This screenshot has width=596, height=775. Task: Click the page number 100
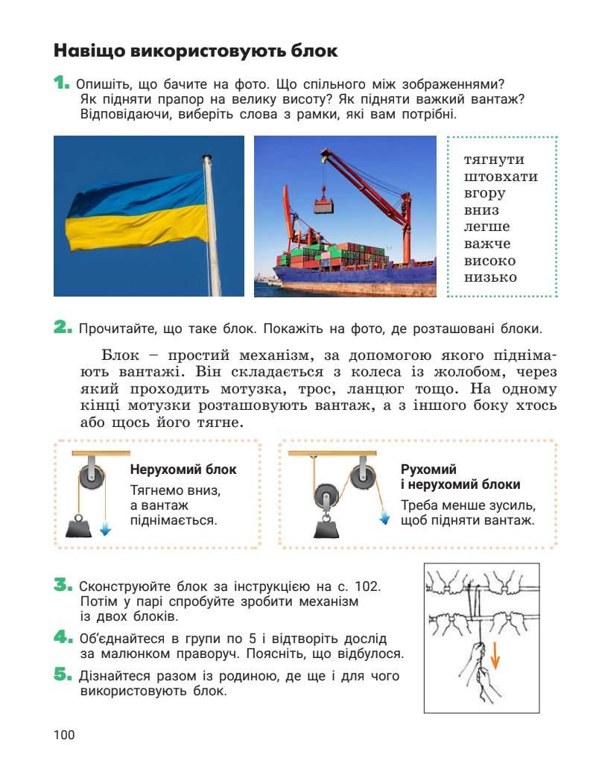click(64, 736)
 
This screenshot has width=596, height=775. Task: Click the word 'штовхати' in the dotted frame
click(500, 177)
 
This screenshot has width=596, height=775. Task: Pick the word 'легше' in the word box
click(486, 227)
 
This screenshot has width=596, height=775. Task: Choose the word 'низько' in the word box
click(489, 278)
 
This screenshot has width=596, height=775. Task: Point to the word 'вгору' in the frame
click(484, 194)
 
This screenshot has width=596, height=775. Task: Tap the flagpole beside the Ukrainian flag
click(212, 224)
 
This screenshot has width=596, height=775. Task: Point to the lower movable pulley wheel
click(326, 496)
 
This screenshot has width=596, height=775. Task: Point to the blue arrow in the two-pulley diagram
click(384, 517)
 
